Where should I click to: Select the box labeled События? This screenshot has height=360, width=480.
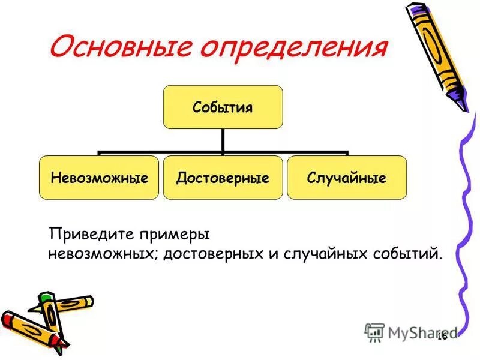point(222,107)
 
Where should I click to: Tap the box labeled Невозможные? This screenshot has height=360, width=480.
point(99,178)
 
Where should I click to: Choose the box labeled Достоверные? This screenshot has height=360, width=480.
point(223,178)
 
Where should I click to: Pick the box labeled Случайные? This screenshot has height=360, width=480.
point(346,178)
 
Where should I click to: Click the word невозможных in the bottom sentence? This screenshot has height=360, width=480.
point(103,253)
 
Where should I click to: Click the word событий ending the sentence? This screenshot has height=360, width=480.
point(408,253)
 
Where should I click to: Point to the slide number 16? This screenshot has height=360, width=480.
point(443,336)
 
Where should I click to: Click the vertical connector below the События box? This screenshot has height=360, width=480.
point(223,140)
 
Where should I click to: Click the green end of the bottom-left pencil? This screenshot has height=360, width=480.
point(46,298)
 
